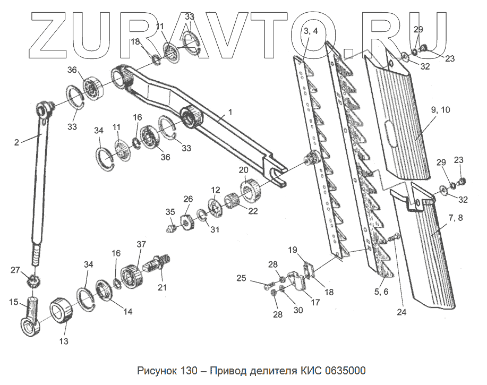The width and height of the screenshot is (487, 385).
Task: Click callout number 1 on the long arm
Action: [230, 112]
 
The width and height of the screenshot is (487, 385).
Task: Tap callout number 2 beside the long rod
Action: [16, 142]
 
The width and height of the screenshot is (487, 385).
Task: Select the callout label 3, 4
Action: [311, 31]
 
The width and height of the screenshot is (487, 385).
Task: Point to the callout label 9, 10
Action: [441, 110]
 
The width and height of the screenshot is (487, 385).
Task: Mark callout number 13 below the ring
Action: [63, 341]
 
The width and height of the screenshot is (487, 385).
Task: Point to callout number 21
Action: [162, 287]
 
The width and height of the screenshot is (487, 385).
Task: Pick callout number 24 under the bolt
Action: [401, 312]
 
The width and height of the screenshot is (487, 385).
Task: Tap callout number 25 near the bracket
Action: [242, 278]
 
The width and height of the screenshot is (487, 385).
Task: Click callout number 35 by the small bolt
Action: [170, 212]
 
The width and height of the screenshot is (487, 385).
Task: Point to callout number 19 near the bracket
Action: [293, 250]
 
